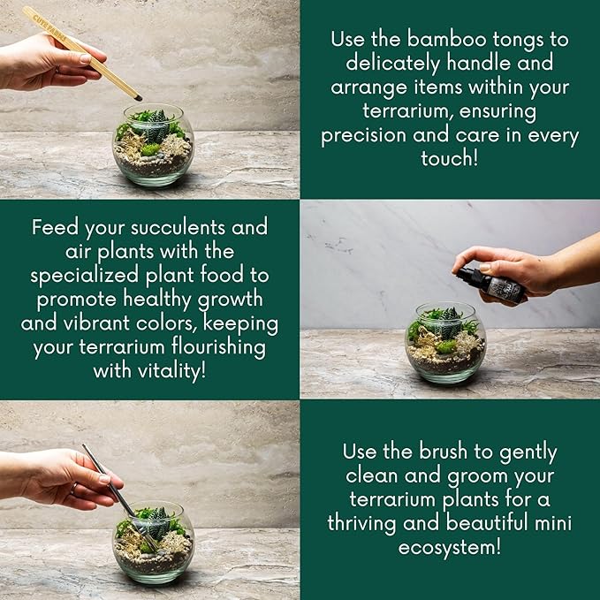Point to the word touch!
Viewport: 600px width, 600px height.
[x=449, y=160]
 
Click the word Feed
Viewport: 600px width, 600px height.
[x=55, y=227]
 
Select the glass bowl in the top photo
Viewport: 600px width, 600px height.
[x=154, y=147]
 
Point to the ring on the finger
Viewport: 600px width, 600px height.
[x=73, y=487]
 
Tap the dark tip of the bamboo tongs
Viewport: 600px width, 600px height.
[x=137, y=93]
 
